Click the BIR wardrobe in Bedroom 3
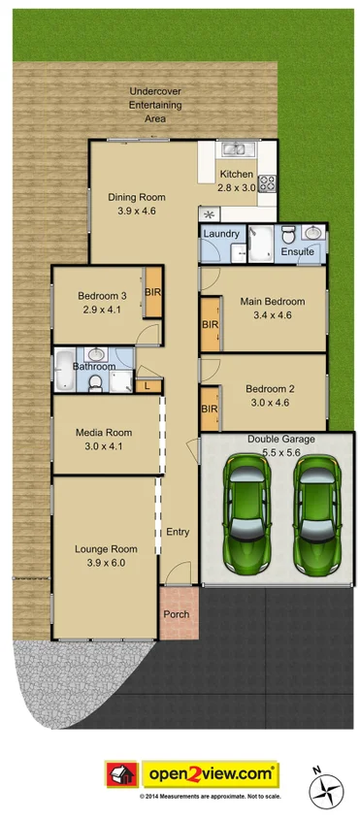pos(152,292)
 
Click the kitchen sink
pos(233,148)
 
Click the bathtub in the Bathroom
pos(63,367)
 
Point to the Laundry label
pos(221,234)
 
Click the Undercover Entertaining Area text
pos(155,105)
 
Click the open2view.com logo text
pos(212,773)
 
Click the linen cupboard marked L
pos(146,386)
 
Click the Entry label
pos(178,532)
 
